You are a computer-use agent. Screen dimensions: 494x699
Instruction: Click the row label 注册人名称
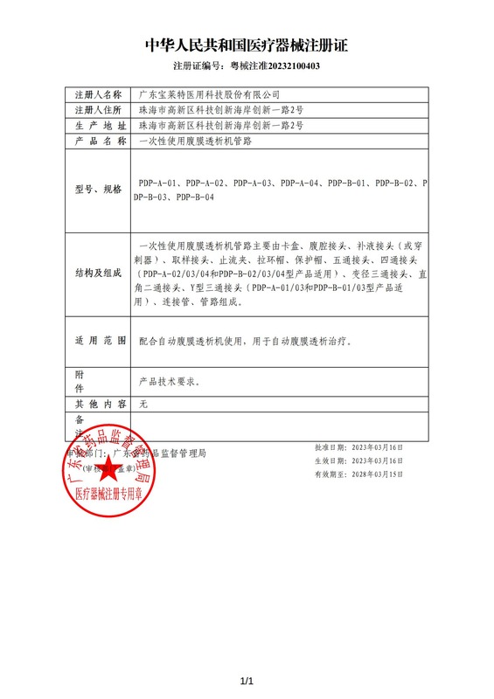(x=99, y=93)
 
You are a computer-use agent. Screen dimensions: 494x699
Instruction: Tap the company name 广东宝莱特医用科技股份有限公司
(x=210, y=93)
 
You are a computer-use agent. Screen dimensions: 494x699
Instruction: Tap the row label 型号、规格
(x=99, y=189)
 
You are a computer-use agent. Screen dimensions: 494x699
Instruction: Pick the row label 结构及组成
(x=99, y=273)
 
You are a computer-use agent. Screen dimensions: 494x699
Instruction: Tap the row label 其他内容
(x=99, y=405)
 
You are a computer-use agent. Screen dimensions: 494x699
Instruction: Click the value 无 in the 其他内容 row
(x=144, y=405)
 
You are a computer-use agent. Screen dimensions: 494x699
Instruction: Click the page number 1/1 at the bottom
(x=246, y=682)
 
